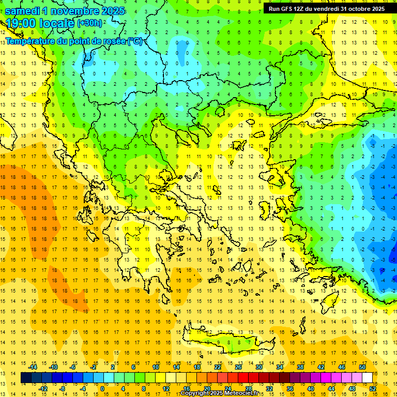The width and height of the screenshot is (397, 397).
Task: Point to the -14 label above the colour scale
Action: pyautogui.click(x=33, y=367)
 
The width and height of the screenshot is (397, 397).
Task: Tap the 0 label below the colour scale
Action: pyautogui.click(x=102, y=389)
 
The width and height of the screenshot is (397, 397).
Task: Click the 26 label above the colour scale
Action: pyautogui.click(x=238, y=367)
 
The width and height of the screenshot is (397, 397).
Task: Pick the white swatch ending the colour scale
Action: pyautogui.click(x=368, y=378)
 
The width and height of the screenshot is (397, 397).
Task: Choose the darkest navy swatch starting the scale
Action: pyautogui.click(x=26, y=378)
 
